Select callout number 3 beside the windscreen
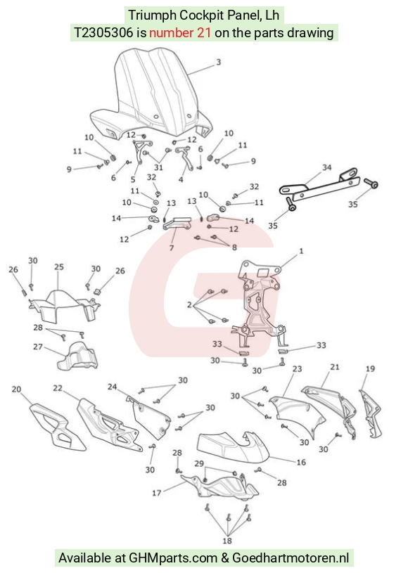tap(219, 62)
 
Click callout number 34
tap(327, 167)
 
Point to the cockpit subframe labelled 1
tap(259, 303)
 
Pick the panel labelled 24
tap(150, 418)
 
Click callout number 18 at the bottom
tap(227, 541)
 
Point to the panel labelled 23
tap(298, 415)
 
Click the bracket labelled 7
tap(177, 224)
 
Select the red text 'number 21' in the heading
tap(180, 33)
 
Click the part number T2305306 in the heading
tap(103, 33)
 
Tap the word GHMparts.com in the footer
tap(173, 558)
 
